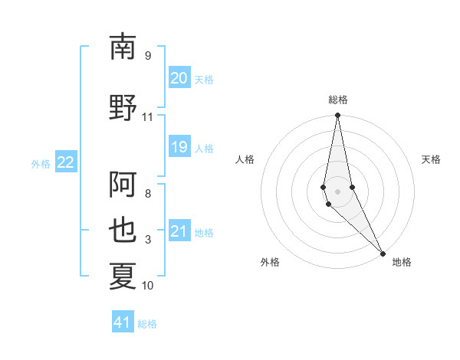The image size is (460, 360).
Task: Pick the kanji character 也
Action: pos(123,232)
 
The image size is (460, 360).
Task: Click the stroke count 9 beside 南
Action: pos(147,55)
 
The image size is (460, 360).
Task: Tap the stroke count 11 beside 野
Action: pos(147,117)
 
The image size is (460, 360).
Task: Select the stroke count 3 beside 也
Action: pos(147,240)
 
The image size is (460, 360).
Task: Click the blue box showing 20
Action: pos(179,78)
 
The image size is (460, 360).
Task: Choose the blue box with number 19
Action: pos(179,147)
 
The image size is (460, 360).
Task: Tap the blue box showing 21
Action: pos(179,231)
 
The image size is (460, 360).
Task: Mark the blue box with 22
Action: pos(66,162)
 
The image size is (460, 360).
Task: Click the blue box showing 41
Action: pos(123,322)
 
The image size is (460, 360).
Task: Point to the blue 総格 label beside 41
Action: pos(147,324)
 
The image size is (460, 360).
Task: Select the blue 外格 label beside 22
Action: pos(41,163)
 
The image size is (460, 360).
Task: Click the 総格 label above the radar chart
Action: pos(338,100)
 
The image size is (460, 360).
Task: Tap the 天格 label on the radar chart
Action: pos(432,159)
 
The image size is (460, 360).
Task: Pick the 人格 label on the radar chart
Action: pos(245,159)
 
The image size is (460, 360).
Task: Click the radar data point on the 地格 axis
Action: pos(383,253)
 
